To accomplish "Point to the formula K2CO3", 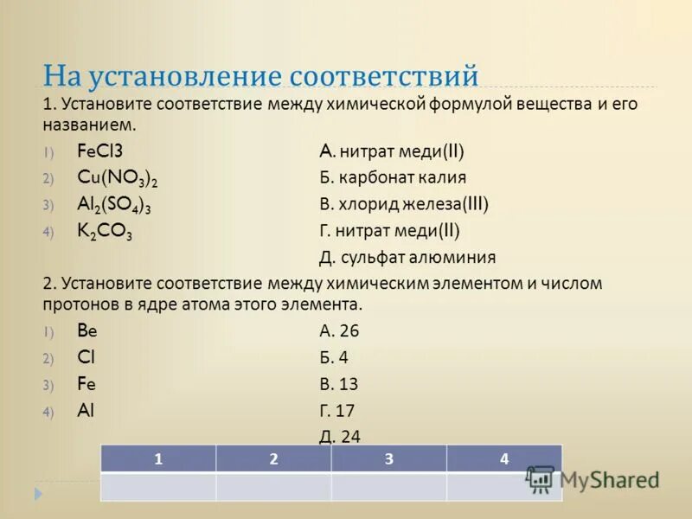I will pyautogui.click(x=105, y=232).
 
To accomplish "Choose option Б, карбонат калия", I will pyautogui.click(x=393, y=178).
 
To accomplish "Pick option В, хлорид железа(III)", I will pyautogui.click(x=404, y=205).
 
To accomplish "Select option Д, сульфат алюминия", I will pyautogui.click(x=407, y=257).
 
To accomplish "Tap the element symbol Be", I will pyautogui.click(x=88, y=330).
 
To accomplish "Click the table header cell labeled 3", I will pyautogui.click(x=388, y=459).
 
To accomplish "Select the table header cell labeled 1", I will pyautogui.click(x=157, y=459).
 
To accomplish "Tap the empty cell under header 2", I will pyautogui.click(x=273, y=487).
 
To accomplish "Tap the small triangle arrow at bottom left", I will pyautogui.click(x=38, y=494).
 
